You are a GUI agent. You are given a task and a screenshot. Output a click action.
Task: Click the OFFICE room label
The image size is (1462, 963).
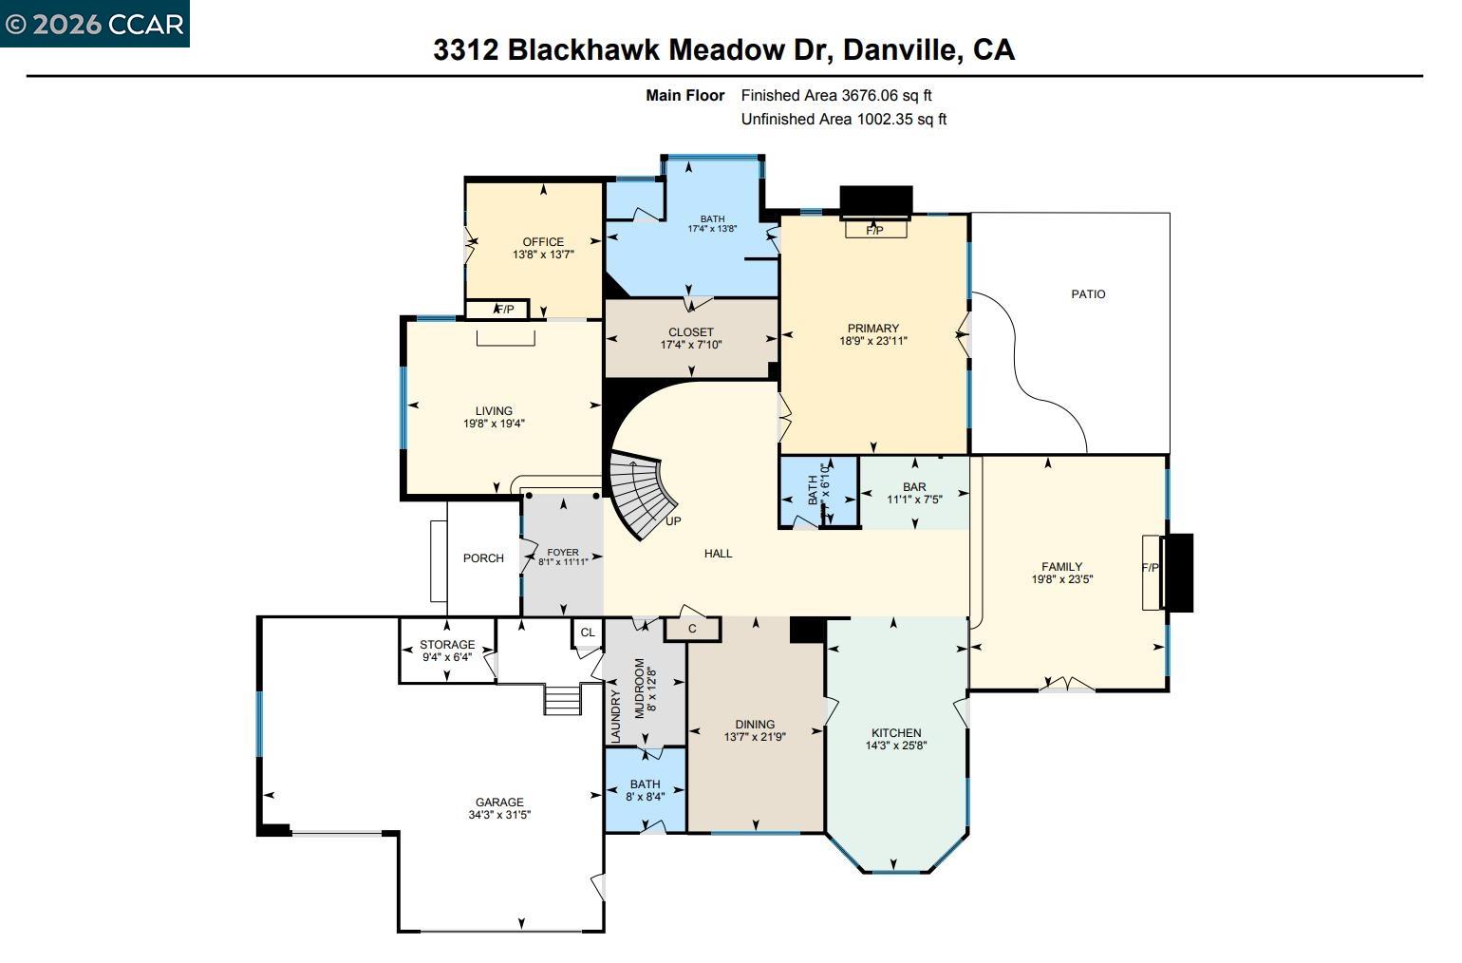[543, 242]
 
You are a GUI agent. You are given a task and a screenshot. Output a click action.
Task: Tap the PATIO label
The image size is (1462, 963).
[1088, 294]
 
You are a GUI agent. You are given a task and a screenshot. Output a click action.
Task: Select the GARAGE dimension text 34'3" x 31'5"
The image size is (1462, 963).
[499, 815]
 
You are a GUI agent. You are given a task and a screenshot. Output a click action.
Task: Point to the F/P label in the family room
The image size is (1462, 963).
[1150, 568]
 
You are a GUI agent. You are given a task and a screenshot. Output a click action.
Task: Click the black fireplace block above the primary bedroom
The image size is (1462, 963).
[875, 201]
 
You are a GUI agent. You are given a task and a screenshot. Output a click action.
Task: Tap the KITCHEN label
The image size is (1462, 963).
[896, 733]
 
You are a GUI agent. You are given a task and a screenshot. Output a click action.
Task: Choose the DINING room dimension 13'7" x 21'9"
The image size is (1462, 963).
[755, 737]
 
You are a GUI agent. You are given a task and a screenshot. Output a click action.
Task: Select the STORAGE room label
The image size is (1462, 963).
[447, 645]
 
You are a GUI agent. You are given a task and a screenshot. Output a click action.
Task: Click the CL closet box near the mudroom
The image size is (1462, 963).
[587, 633]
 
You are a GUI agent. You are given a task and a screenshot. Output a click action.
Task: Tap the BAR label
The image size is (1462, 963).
[914, 487]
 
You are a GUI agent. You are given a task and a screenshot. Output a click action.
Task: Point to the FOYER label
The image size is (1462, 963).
[563, 552]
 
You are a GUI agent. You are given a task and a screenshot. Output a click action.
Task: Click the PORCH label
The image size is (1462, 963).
[483, 558]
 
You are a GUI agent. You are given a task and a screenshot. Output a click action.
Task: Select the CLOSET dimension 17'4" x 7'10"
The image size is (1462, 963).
[691, 345]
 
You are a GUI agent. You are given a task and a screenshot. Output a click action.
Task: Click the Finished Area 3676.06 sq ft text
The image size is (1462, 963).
[836, 95]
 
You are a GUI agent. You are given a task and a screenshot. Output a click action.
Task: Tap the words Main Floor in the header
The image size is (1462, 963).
[684, 95]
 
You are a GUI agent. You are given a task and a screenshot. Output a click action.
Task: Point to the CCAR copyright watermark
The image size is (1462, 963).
[94, 24]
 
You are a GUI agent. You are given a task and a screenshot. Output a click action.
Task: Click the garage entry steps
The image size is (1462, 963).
[562, 700]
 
